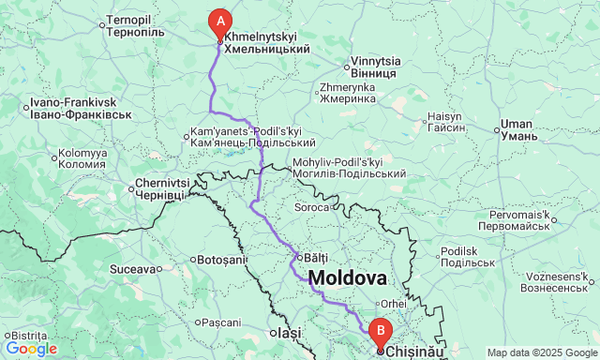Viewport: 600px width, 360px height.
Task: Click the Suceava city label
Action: point(132,269)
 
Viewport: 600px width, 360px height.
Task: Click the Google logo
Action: point(30,349)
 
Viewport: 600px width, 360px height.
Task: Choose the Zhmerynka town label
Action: point(347,92)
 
